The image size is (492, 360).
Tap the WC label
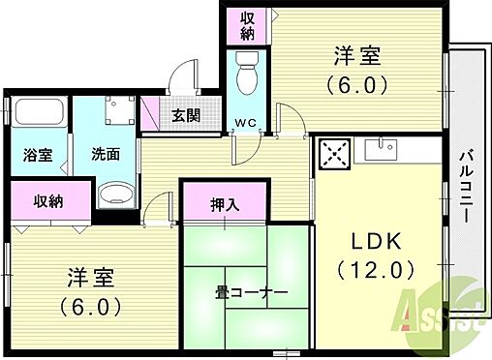pyautogui.click(x=246, y=123)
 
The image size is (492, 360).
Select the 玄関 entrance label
pyautogui.click(x=186, y=115)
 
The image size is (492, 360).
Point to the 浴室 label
pyautogui.click(x=39, y=153)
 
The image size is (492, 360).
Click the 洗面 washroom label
pyautogui.click(x=107, y=153)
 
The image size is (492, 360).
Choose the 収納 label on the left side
pyautogui.click(x=49, y=201)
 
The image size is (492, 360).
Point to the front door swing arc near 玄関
pyautogui.click(x=177, y=75)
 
